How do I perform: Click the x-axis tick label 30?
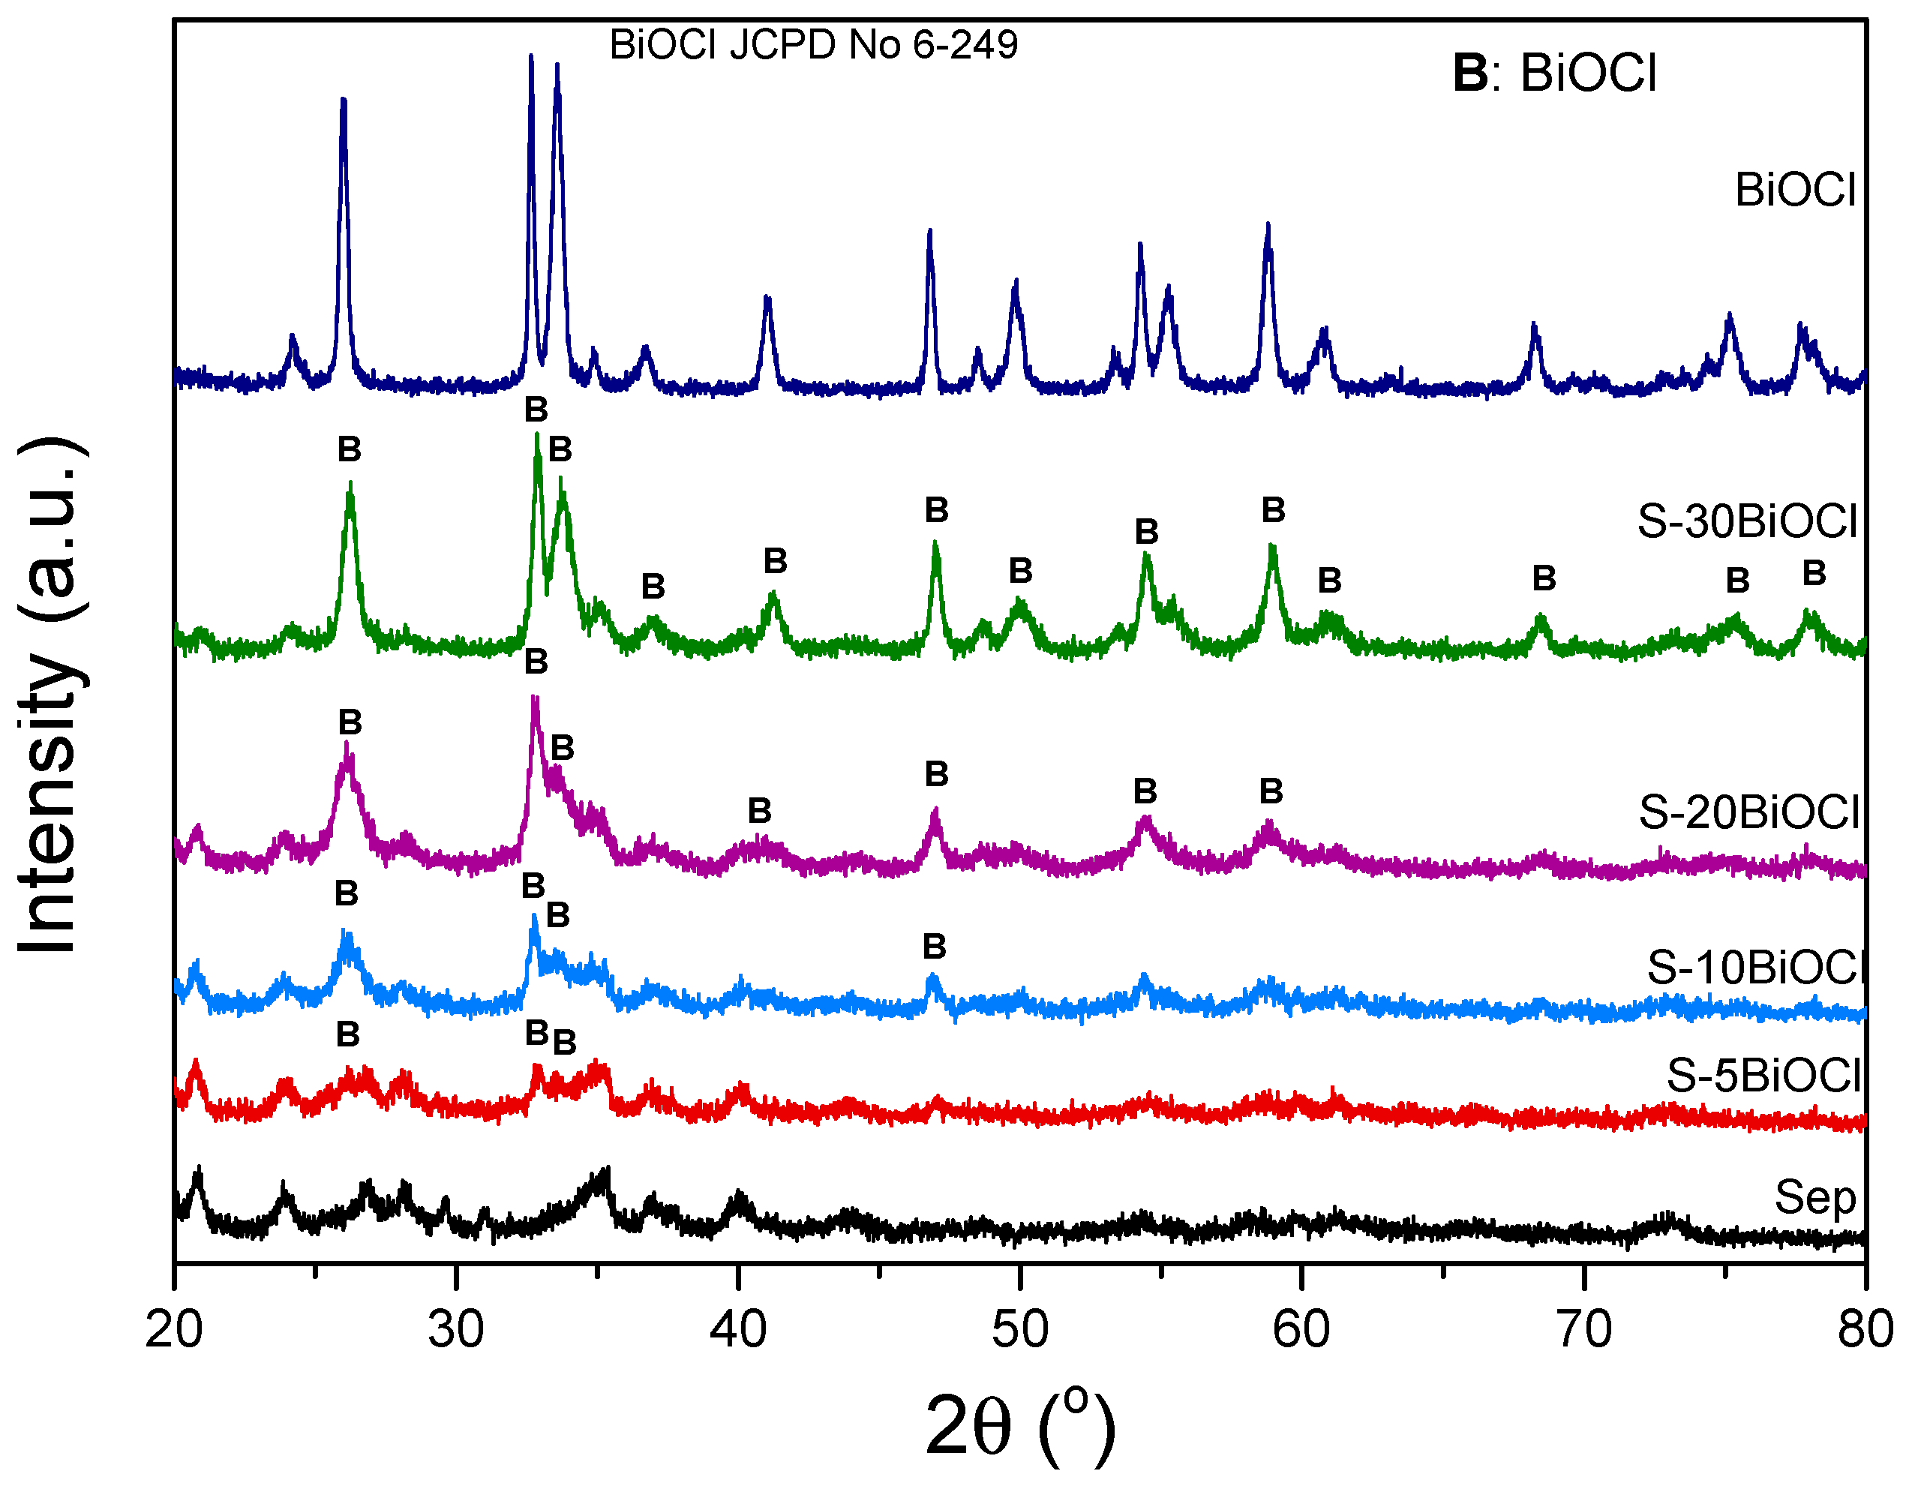coord(455,1331)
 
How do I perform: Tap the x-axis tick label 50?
coord(1019,1331)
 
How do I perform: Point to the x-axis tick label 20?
coord(174,1331)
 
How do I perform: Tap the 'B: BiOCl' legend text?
coord(1554,73)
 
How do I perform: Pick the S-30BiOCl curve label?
coord(1746,521)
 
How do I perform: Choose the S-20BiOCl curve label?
coord(1748,812)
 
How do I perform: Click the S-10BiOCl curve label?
coord(1755,968)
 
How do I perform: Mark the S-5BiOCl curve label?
coord(1763,1075)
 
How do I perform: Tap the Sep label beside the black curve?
coord(1814,1196)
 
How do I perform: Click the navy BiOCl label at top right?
coord(1794,190)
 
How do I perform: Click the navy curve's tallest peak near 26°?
coord(344,101)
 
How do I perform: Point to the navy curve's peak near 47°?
coord(930,232)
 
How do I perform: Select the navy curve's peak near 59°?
coord(1268,226)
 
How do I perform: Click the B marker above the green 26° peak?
coord(350,449)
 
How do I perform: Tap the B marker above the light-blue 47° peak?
coord(935,946)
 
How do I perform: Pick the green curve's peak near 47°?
coord(935,544)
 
